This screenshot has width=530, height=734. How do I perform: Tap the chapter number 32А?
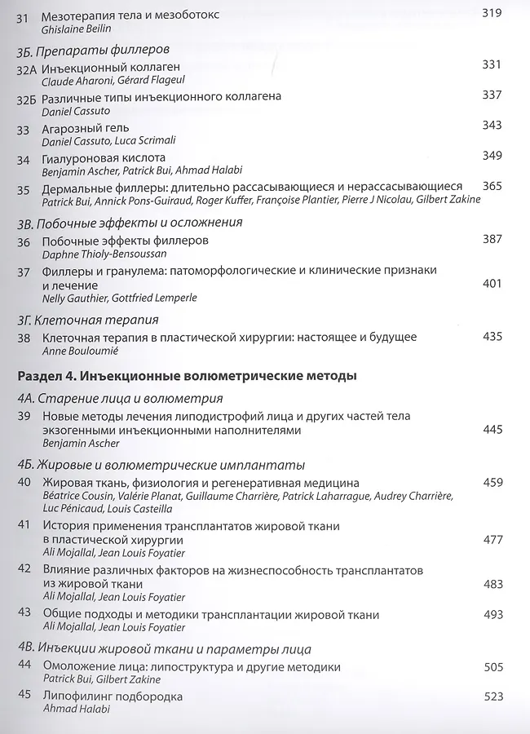pos(28,67)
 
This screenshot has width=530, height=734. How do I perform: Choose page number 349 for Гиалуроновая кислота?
pos(492,155)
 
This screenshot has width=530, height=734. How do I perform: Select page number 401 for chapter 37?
pos(492,283)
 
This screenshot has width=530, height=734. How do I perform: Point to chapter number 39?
pos(24,416)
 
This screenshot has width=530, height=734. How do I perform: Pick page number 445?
pos(492,429)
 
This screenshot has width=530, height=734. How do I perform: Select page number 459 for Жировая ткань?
pos(492,483)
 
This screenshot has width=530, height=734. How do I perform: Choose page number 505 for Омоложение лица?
pos(492,667)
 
